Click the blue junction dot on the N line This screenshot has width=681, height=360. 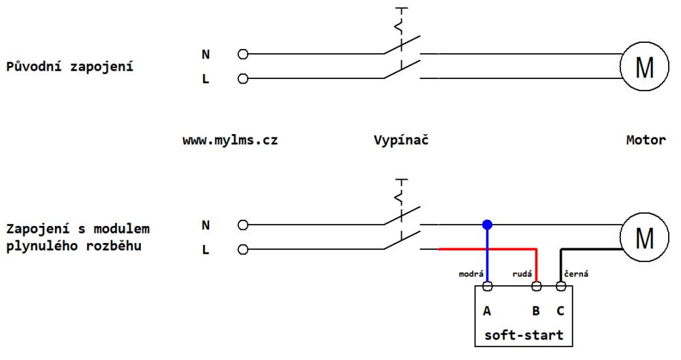tap(488, 225)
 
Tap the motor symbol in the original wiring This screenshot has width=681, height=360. tap(644, 67)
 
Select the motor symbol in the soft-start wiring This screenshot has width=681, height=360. tap(644, 237)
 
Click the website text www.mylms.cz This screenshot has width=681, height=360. tap(230, 140)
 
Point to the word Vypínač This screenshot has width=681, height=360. tap(401, 140)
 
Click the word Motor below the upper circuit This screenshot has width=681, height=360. tap(646, 140)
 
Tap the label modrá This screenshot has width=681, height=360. tap(471, 274)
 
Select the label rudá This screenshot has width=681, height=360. tap(522, 274)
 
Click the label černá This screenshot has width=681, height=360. tap(576, 274)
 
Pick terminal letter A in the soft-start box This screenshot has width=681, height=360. tap(487, 311)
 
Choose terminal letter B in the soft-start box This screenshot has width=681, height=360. tap(536, 311)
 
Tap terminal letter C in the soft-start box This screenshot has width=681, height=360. tap(560, 311)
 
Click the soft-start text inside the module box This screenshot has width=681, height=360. tap(524, 335)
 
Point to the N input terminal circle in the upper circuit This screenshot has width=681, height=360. tap(243, 54)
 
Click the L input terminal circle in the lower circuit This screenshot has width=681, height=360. tap(243, 249)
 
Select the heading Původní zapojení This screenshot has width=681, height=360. tap(69, 67)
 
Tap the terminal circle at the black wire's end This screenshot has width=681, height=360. tap(560, 287)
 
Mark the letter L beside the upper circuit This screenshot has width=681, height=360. tap(206, 79)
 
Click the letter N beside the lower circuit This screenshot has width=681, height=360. tap(206, 225)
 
